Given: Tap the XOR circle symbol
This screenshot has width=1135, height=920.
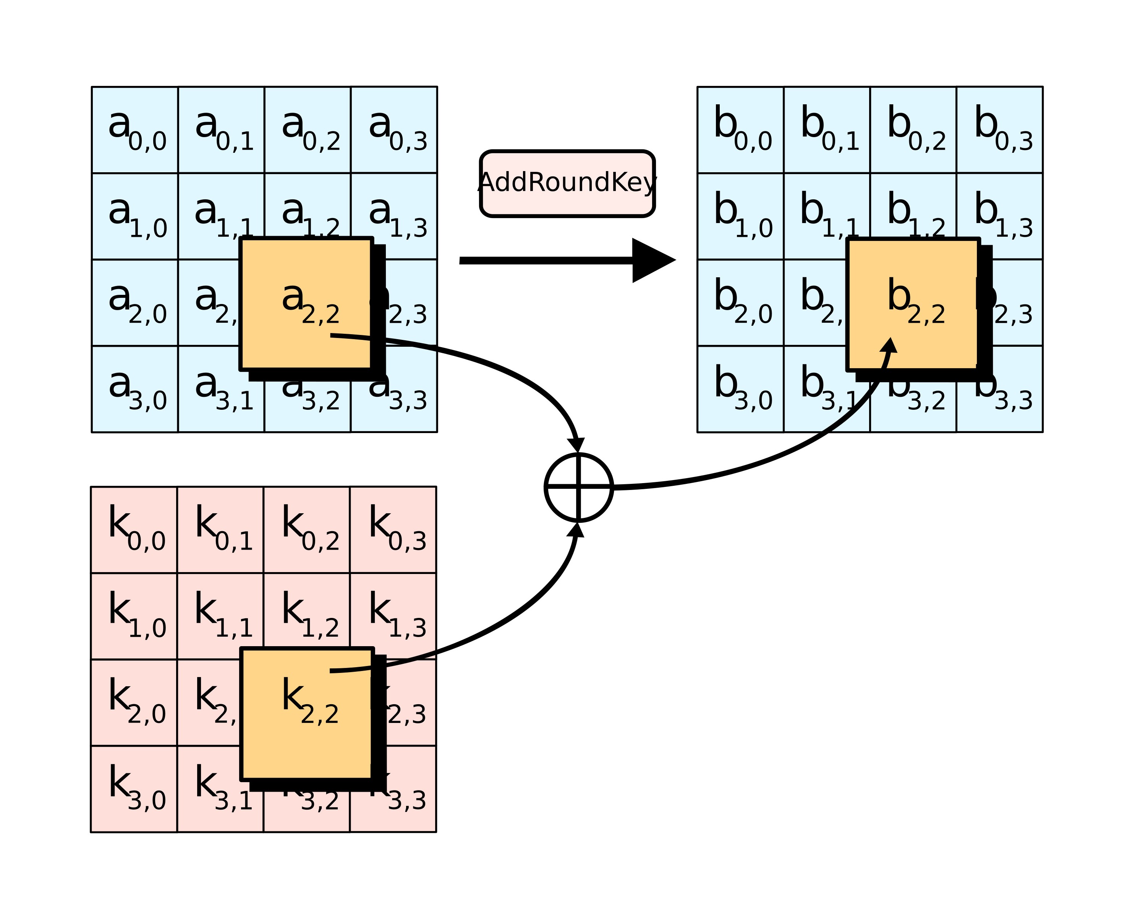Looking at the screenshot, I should [x=578, y=487].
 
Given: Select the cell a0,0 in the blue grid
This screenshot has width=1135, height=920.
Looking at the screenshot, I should [x=134, y=130].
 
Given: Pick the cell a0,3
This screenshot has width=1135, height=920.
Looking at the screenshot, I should [x=394, y=130].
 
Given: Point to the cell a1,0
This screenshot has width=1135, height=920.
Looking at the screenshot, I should [x=134, y=216].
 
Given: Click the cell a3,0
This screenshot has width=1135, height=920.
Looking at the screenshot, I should [x=134, y=389].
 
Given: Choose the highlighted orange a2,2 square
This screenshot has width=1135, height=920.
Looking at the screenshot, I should [x=306, y=303].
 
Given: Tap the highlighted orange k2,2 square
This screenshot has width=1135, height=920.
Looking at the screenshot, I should [x=306, y=713].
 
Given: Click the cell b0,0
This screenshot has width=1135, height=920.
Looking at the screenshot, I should [x=740, y=130].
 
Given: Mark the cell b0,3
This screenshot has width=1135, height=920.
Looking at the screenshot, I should [x=999, y=130].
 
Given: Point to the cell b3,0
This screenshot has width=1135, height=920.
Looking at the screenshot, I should [x=740, y=389].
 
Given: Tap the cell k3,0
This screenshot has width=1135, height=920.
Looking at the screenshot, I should [x=134, y=789].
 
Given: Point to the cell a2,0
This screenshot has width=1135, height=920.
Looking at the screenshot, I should [x=134, y=302].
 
